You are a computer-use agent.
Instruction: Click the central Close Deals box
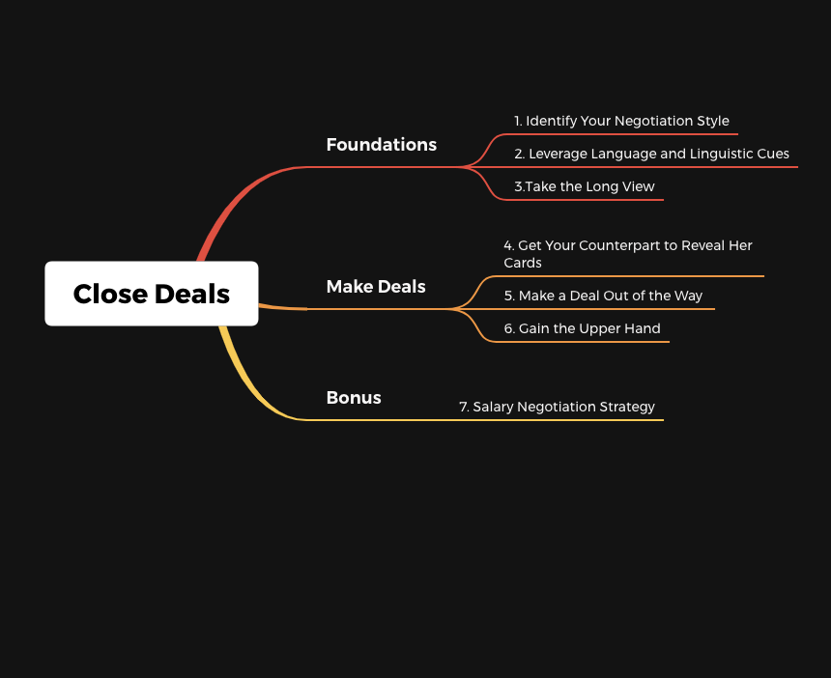coord(152,294)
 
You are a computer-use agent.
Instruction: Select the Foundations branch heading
coord(382,145)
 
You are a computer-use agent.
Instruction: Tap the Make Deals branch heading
coord(376,287)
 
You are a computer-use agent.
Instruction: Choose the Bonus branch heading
coord(354,398)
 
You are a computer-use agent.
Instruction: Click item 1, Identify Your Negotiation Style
coord(621,121)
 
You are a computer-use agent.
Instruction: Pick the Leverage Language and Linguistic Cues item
coord(652,154)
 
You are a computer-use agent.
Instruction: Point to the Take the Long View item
coord(585,186)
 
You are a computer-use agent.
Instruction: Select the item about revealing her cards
coord(628,254)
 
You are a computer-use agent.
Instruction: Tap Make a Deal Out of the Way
coord(603,296)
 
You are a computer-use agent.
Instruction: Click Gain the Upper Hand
coord(582,328)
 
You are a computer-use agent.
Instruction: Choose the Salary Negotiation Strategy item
coord(557,407)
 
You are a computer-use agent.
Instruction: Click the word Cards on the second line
coord(523,263)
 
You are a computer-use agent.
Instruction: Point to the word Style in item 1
coord(713,121)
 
